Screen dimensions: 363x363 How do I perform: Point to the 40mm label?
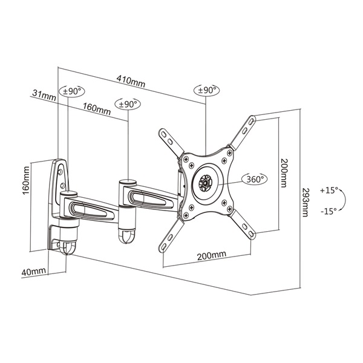[x=33, y=273]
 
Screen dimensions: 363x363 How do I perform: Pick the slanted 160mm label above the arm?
[x=97, y=109]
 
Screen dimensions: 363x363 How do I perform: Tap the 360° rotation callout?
[x=255, y=179]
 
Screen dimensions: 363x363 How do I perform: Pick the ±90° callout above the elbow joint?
[x=128, y=104]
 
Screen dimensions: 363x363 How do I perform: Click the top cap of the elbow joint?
[x=128, y=180]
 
